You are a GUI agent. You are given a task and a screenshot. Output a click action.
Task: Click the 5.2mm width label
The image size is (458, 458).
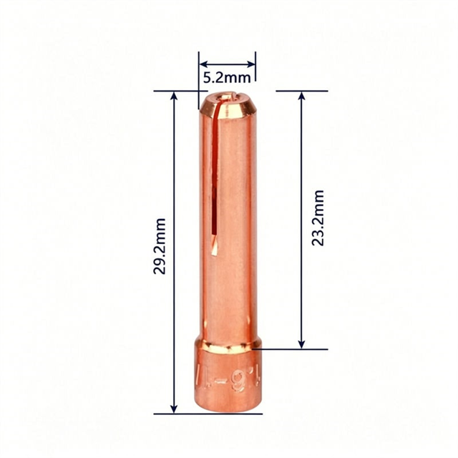point(226,75)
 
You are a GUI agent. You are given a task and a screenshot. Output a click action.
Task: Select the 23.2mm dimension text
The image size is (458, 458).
point(318,218)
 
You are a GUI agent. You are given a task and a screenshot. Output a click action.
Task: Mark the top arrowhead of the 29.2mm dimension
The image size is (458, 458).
point(173,96)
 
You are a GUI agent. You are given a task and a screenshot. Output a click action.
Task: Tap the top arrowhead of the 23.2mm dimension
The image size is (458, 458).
point(301,96)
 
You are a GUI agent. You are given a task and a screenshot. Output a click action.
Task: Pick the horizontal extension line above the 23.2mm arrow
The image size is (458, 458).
point(301,91)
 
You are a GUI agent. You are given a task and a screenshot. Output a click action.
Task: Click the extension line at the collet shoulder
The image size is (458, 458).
point(293,349)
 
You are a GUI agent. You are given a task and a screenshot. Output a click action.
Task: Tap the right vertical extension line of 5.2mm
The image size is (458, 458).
point(255,68)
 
